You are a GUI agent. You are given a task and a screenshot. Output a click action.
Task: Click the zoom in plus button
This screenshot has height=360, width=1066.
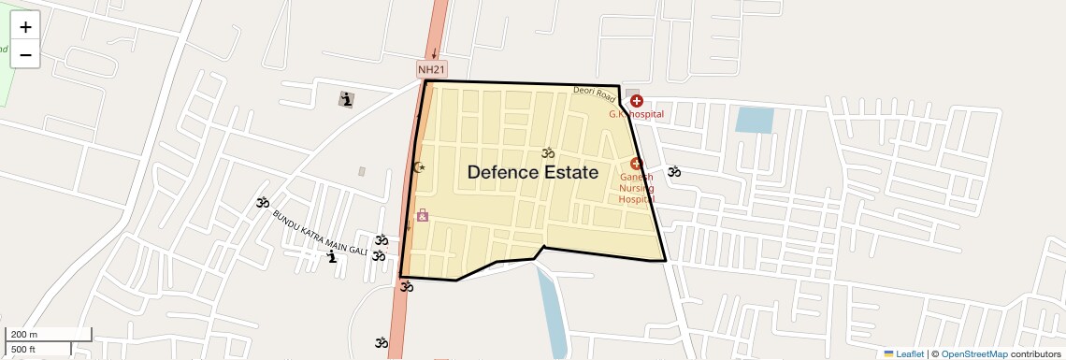point(25,27)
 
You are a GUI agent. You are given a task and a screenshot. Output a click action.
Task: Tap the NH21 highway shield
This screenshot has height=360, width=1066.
point(431,69)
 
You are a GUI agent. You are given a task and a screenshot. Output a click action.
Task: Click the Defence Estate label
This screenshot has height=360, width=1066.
point(532,172)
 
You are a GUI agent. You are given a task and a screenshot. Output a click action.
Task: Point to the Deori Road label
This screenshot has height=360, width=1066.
point(596,93)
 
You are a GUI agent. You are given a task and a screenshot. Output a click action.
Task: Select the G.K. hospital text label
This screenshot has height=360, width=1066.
point(636,114)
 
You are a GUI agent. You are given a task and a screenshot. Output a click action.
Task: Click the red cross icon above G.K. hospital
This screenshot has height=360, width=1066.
point(636,101)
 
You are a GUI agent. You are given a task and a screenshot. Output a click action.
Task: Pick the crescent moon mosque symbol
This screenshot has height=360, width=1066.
point(419,167)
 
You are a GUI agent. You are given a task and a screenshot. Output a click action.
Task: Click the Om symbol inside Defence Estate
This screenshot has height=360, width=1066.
point(548,152)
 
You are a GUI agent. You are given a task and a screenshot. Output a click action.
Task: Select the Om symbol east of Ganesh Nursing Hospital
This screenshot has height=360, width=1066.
point(673,171)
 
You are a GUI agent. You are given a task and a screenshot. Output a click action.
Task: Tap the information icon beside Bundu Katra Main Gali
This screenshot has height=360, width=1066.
point(331,256)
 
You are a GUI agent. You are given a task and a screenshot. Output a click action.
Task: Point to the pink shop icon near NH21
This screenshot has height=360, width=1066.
point(423,215)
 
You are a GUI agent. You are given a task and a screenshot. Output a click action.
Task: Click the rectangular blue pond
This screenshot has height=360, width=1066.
point(755,121)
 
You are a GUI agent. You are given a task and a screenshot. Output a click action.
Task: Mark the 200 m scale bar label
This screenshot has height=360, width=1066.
point(25,335)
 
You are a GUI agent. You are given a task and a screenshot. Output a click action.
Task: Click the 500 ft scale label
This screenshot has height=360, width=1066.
point(23,350)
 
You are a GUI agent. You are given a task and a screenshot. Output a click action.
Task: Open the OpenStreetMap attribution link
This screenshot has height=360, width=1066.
point(973,353)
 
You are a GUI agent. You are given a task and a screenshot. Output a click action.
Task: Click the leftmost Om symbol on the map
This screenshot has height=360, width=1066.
point(263,202)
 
